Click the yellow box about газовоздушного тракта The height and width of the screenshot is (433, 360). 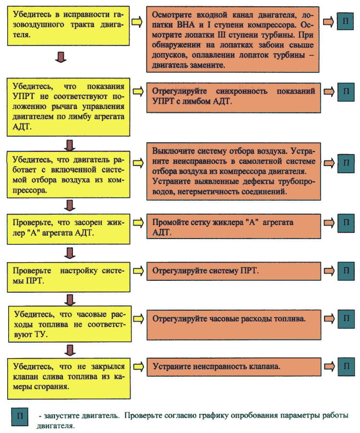pyautogui.click(x=68, y=26)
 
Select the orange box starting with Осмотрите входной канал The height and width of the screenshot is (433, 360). pyautogui.click(x=233, y=39)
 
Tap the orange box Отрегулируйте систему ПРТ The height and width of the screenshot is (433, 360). pyautogui.click(x=234, y=271)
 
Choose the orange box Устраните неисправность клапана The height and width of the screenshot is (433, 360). pyautogui.click(x=234, y=367)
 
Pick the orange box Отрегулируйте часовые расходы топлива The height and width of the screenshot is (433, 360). pyautogui.click(x=234, y=325)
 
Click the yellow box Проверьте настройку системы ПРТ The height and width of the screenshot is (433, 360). pyautogui.click(x=69, y=277)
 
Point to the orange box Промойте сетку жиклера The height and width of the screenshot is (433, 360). pyautogui.click(x=234, y=226)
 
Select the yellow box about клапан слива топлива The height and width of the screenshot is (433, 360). pyautogui.click(x=69, y=379)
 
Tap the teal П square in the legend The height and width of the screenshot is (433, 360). pyautogui.click(x=20, y=417)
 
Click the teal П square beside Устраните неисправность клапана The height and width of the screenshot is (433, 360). pyautogui.click(x=346, y=367)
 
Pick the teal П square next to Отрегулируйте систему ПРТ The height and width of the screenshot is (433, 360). pyautogui.click(x=346, y=271)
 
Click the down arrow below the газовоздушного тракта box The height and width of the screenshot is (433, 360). pyautogui.click(x=61, y=57)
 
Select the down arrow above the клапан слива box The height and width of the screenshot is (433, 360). pyautogui.click(x=70, y=350)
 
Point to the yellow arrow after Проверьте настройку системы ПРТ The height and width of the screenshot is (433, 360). pyautogui.click(x=138, y=271)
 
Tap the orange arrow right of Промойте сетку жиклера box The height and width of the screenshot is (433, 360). pyautogui.click(x=329, y=223)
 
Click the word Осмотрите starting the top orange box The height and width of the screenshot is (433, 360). pyautogui.click(x=172, y=14)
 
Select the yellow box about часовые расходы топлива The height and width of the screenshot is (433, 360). pyautogui.click(x=70, y=324)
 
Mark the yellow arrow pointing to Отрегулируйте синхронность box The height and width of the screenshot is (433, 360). pyautogui.click(x=138, y=91)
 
